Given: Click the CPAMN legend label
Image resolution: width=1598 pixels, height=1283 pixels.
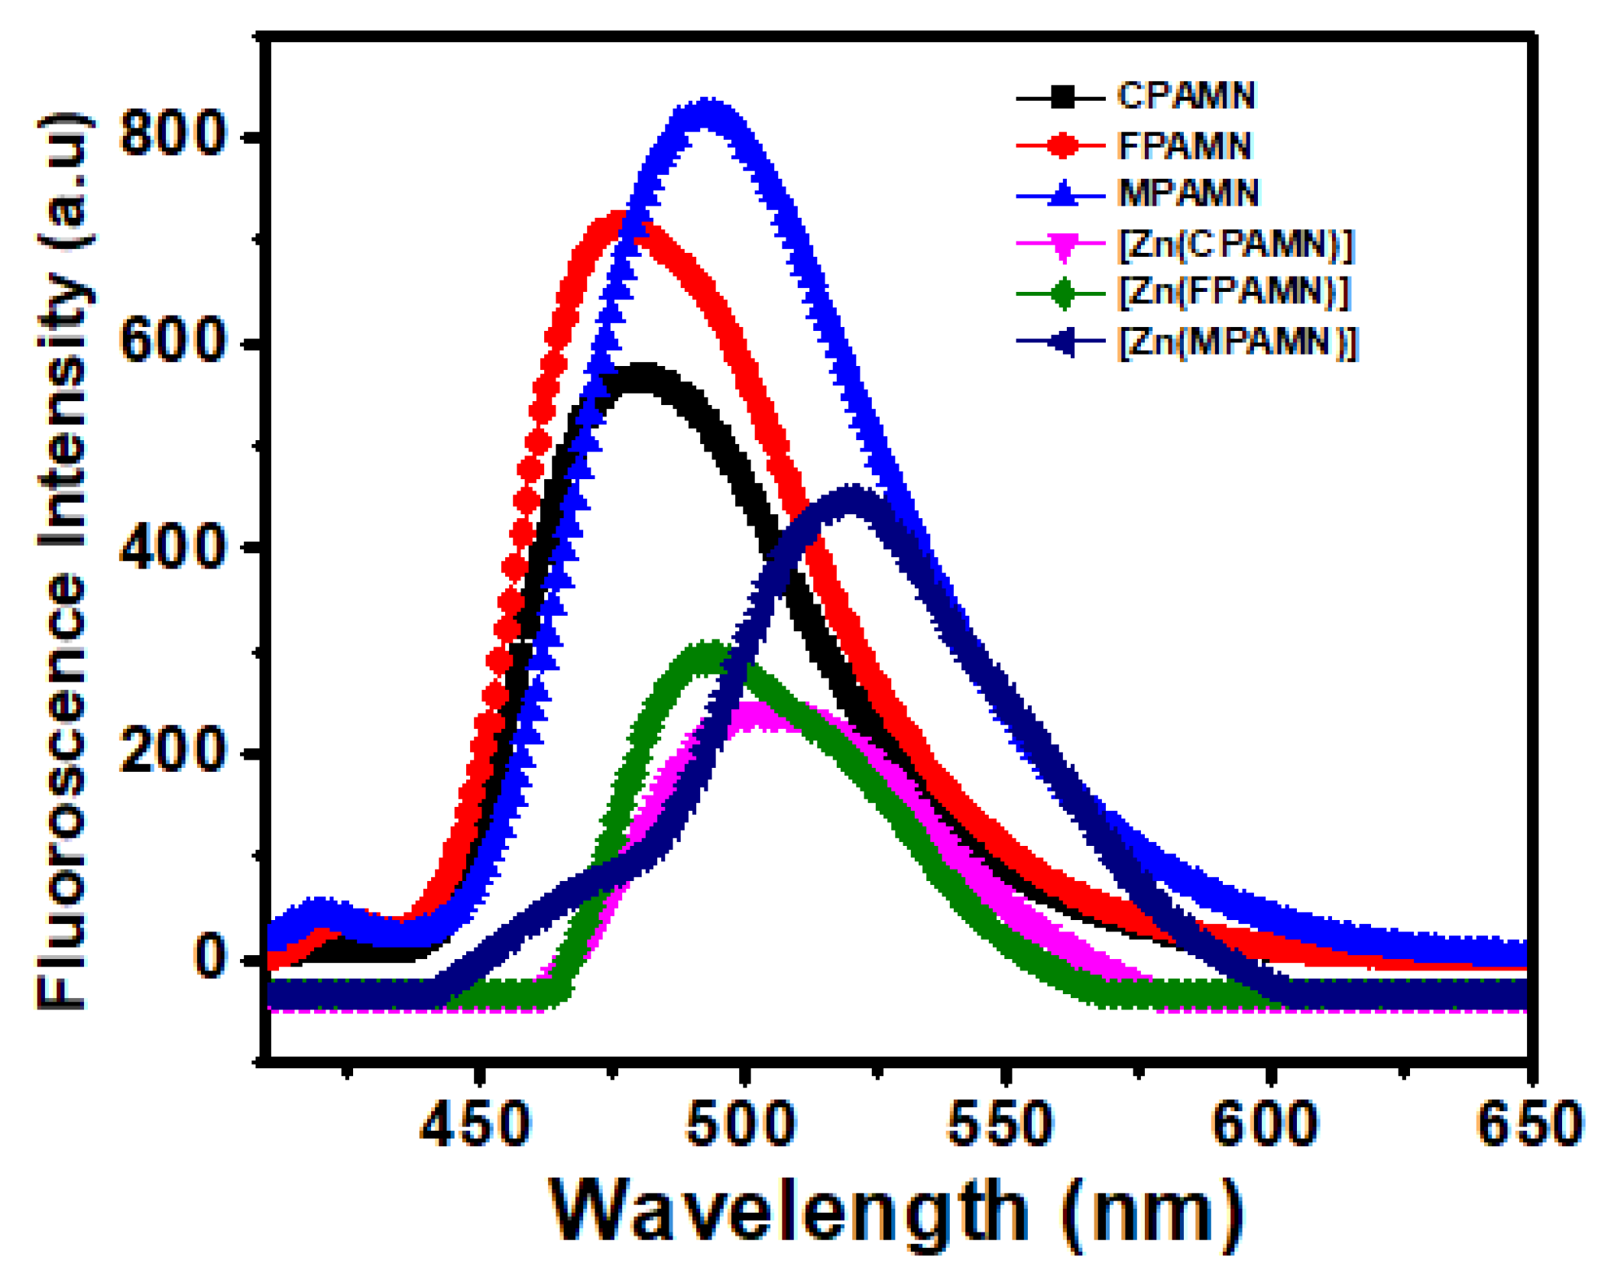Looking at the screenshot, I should [x=1185, y=96].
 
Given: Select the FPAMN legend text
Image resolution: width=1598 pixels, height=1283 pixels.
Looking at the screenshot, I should [x=1184, y=145].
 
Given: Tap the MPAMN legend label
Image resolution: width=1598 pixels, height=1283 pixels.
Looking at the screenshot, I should [x=1188, y=193].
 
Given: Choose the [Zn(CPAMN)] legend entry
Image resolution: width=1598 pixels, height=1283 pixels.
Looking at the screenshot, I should [x=1235, y=244].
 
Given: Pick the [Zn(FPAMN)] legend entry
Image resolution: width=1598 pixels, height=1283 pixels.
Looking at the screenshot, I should [x=1233, y=292].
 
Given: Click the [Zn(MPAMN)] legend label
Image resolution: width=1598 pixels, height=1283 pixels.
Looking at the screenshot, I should [x=1237, y=342].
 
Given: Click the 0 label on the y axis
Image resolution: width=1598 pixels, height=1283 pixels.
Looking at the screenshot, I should [x=209, y=957].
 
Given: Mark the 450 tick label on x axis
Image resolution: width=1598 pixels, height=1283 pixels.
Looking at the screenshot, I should [x=475, y=1125].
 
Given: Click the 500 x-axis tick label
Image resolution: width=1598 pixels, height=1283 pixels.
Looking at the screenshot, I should [x=741, y=1125].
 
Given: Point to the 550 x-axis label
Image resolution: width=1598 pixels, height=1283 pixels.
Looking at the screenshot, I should [x=1001, y=1125].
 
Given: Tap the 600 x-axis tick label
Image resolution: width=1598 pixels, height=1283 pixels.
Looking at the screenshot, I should [x=1266, y=1125].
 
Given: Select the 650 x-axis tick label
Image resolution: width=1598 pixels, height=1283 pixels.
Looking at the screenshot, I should [x=1528, y=1125].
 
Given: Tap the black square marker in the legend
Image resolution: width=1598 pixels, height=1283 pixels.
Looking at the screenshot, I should [x=1062, y=97].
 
